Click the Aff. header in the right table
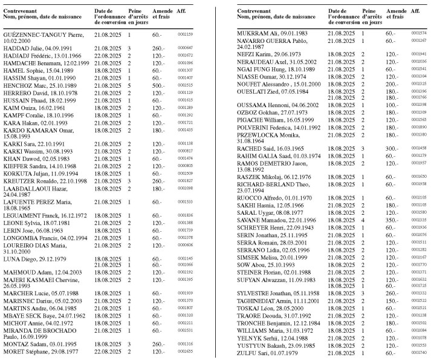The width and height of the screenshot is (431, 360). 415,11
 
